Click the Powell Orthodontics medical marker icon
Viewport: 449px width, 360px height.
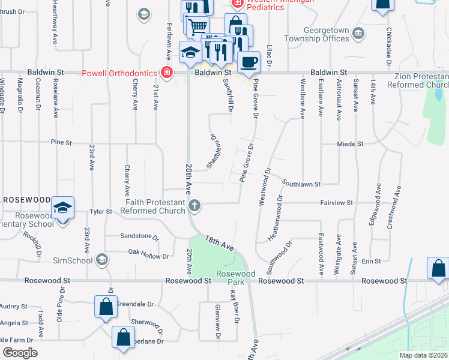point(166,73)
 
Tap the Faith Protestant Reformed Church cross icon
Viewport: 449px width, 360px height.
point(194,206)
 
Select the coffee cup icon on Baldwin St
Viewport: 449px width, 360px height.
point(248,61)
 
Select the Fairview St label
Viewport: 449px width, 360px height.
point(336,203)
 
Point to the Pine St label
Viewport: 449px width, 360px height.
point(61,143)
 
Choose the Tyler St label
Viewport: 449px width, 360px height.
point(101,211)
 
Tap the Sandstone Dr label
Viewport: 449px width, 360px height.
point(139,237)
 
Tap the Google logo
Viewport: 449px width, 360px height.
point(20,353)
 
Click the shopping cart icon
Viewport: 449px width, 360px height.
point(197,26)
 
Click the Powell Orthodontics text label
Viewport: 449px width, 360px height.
point(119,74)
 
